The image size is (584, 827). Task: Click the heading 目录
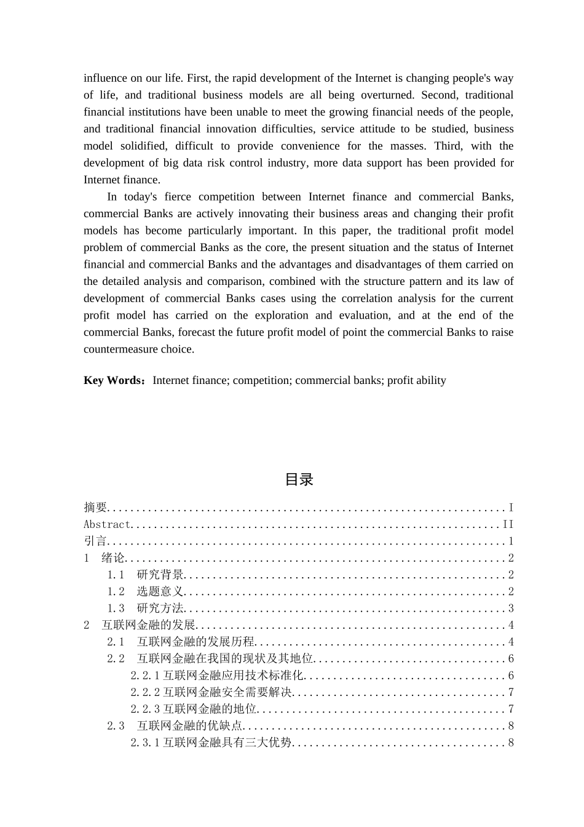coord(299,480)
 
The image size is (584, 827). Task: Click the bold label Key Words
coord(113,380)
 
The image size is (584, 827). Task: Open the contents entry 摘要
coord(95,508)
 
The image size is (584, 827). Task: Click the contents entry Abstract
coord(108,524)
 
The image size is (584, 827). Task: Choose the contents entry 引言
coord(95,541)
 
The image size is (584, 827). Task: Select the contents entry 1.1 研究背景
coord(146,575)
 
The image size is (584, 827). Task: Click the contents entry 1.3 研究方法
coord(146,609)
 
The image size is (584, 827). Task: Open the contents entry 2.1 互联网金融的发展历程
coord(181,642)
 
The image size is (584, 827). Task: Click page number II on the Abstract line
coord(508,524)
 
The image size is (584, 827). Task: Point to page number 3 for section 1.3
coord(511,609)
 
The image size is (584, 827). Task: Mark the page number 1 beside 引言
coord(511,541)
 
